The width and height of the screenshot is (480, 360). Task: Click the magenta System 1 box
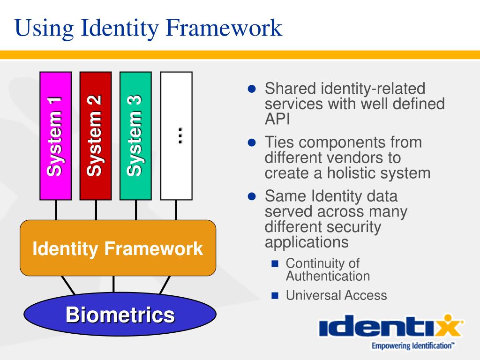coord(56,136)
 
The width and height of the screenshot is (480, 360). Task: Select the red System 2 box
coord(96,136)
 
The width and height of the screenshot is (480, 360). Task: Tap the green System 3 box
coord(135,136)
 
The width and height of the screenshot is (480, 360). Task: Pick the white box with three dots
coord(176,136)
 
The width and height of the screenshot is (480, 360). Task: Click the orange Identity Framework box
coord(118,248)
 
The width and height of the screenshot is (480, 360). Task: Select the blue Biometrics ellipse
coord(120,314)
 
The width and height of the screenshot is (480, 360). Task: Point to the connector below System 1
coord(56,210)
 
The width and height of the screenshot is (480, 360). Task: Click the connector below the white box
coord(176,210)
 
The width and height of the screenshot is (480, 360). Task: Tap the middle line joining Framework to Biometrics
coord(113,285)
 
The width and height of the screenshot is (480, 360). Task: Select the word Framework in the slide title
coord(224,28)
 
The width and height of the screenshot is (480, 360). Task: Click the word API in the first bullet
coord(277,119)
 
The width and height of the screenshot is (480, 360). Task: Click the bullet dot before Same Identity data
coord(252,196)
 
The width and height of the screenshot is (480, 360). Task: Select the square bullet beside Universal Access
coord(275,295)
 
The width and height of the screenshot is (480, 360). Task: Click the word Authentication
coord(328,276)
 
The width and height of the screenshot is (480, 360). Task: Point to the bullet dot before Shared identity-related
coord(252,89)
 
